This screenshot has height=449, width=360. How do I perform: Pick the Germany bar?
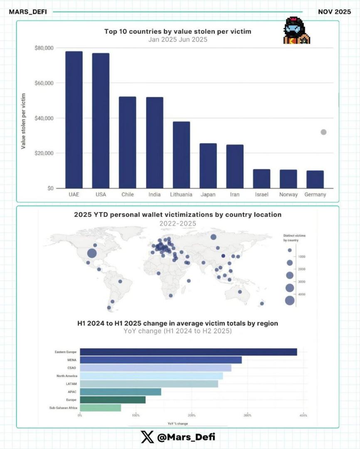pyautogui.click(x=315, y=179)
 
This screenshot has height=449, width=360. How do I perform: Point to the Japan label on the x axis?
pyautogui.click(x=208, y=195)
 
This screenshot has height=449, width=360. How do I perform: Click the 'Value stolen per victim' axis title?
pyautogui.click(x=24, y=121)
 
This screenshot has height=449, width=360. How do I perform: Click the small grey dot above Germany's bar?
pyautogui.click(x=323, y=132)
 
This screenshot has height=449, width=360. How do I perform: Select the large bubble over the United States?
pyautogui.click(x=92, y=253)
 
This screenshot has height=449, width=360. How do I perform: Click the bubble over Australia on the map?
pyautogui.click(x=240, y=292)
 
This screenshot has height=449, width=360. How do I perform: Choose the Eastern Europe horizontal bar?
pyautogui.click(x=188, y=352)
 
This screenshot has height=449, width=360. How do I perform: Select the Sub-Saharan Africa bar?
pyautogui.click(x=100, y=408)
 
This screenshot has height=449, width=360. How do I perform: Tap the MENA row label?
pyautogui.click(x=72, y=360)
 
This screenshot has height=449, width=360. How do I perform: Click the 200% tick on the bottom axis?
pyautogui.click(x=192, y=415)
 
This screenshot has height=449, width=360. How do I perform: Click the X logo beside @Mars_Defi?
pyautogui.click(x=147, y=437)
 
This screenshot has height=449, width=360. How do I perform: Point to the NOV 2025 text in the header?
pyautogui.click(x=334, y=12)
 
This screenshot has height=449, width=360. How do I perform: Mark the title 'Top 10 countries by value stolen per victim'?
pyautogui.click(x=178, y=32)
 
